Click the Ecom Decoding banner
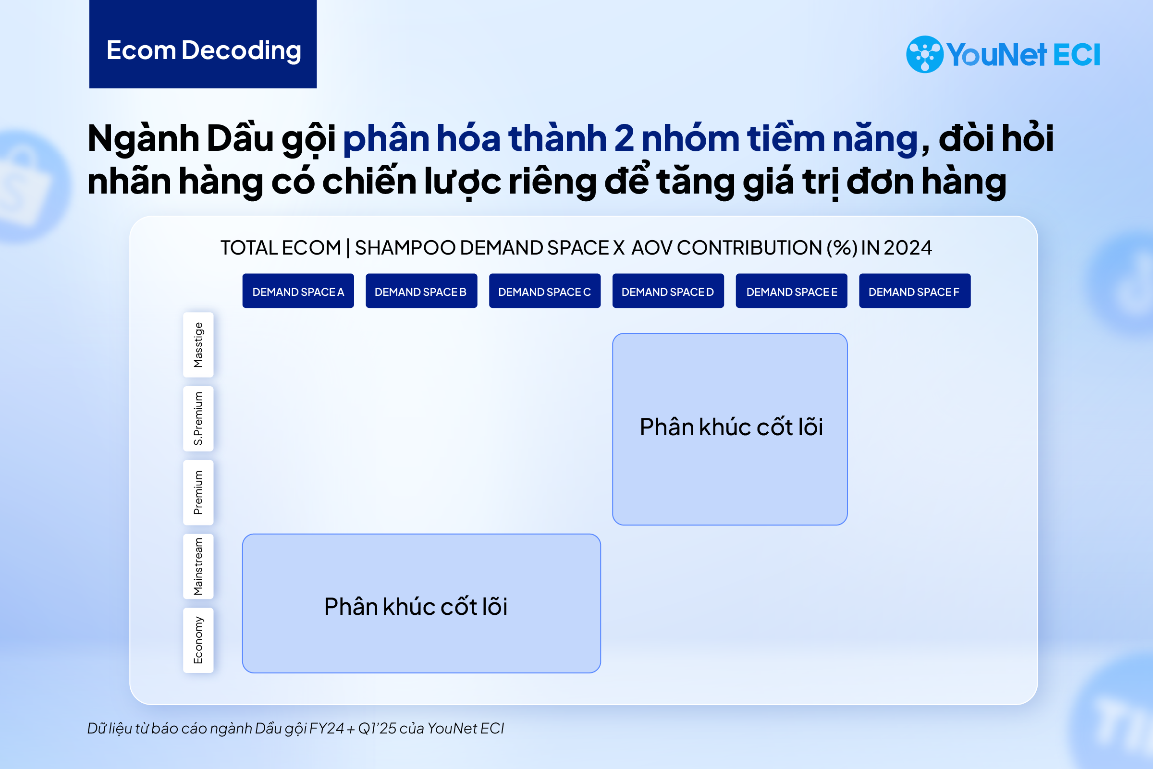pos(203,44)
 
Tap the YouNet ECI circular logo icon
pos(924,54)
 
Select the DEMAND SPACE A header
pos(298,291)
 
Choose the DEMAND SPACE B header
pos(421,291)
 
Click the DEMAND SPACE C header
pos(545,291)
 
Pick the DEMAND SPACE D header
pos(668,291)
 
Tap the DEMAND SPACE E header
pos(792,291)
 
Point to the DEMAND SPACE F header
pos(915,291)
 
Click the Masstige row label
pos(198,345)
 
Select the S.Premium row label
pos(198,419)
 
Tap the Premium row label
pos(198,492)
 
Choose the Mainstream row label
pos(198,566)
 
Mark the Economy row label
pos(198,640)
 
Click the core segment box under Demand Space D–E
pos(730,429)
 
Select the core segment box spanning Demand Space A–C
pos(421,603)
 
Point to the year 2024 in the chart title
pos(908,248)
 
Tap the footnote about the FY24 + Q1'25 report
pos(296,729)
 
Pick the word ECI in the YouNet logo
pos(1077,54)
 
